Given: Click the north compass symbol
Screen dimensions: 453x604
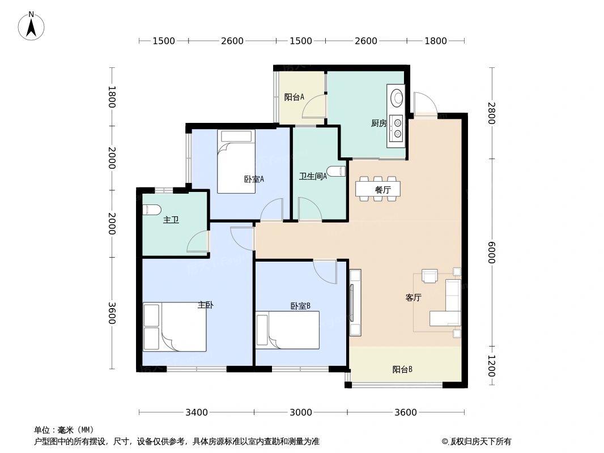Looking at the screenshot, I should [x=31, y=25].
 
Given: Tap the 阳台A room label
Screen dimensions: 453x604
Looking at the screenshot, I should [x=294, y=97].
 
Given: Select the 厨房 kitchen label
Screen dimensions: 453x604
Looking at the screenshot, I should [x=378, y=123].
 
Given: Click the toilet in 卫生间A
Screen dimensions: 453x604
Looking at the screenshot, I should [x=337, y=171].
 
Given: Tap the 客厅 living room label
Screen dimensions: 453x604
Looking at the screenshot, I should [x=413, y=298].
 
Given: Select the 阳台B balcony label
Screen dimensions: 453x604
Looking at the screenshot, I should [x=402, y=370].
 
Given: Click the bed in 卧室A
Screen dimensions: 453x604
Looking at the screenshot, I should [x=236, y=161].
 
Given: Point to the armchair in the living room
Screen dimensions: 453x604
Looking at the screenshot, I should [x=430, y=276].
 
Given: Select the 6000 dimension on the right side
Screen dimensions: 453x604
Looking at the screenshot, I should [x=491, y=253].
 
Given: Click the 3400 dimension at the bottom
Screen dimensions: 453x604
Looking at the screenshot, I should [x=197, y=412].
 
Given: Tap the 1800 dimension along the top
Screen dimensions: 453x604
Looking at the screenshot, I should [x=435, y=41].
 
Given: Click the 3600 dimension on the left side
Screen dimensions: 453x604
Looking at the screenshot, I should [x=112, y=313].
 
